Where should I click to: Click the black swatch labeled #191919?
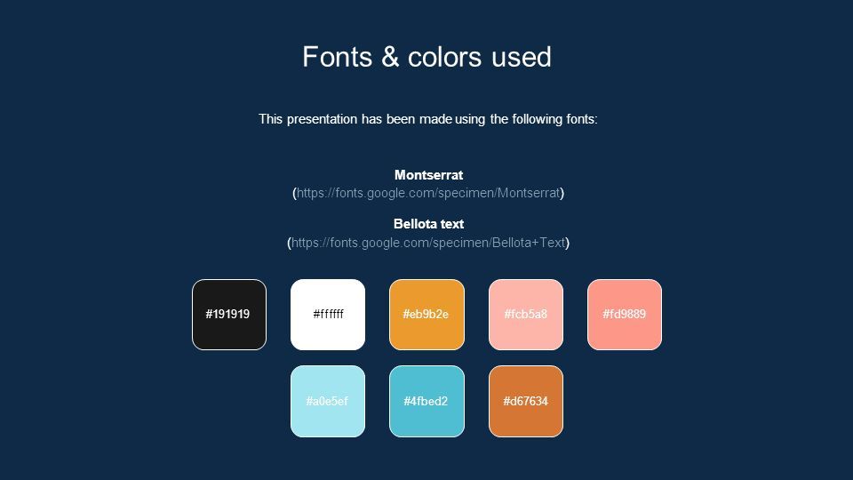[x=229, y=315]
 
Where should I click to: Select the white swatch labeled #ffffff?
[x=328, y=315]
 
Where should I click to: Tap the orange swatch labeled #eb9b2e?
[x=426, y=315]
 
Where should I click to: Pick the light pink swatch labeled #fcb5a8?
[x=525, y=315]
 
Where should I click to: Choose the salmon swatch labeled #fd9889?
[x=625, y=315]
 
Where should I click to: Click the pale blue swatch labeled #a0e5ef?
[x=328, y=401]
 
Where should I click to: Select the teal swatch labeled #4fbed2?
[x=426, y=401]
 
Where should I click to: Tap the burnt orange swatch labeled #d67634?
[x=525, y=401]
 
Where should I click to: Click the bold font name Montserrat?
[x=428, y=175]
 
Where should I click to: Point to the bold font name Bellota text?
[x=428, y=224]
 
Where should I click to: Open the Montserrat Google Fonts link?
[x=428, y=193]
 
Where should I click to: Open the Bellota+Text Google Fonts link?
[x=428, y=243]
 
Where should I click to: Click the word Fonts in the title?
[x=338, y=57]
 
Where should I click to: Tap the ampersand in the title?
[x=390, y=57]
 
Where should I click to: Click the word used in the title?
[x=522, y=57]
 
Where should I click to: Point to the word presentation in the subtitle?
[x=322, y=119]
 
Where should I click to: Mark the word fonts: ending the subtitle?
[x=582, y=118]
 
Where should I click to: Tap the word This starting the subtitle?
[x=270, y=118]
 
